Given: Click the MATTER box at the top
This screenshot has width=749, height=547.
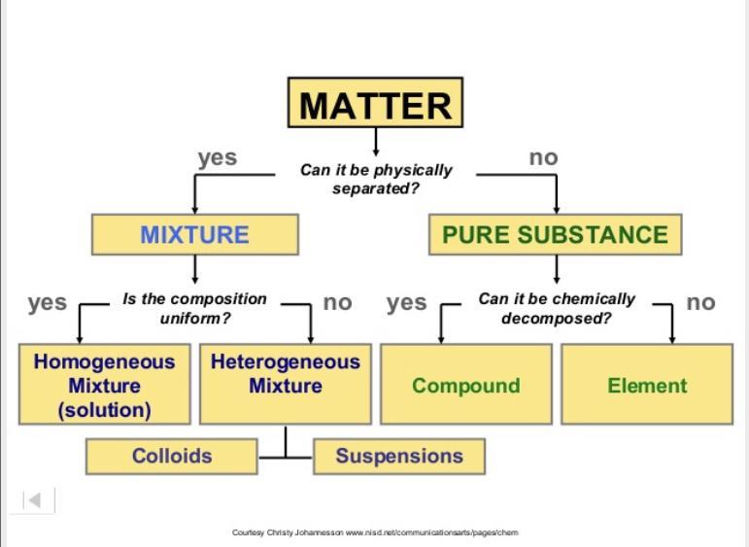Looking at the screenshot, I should tap(375, 104).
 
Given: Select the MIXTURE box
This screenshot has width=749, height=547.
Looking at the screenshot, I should tap(194, 235).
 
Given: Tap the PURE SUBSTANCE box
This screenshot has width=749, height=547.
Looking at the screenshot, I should tap(555, 235).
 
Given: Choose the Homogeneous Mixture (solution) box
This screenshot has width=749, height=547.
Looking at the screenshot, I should tap(104, 385).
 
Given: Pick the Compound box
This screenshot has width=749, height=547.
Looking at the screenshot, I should tap(465, 386).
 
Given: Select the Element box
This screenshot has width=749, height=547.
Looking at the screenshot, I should tap(647, 386).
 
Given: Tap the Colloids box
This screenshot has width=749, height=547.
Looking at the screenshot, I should tap(172, 456).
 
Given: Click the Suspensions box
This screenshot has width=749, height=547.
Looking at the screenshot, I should tap(398, 456).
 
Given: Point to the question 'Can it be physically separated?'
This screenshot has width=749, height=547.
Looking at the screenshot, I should tap(376, 179).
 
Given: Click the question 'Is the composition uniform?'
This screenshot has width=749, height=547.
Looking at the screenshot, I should tap(194, 308).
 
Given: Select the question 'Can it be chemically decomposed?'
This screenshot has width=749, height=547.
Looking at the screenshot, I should tap(556, 308).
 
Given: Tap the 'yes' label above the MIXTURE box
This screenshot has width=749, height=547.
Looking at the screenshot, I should tap(217, 157).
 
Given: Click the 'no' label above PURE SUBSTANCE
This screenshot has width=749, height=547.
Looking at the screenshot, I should tap(543, 157).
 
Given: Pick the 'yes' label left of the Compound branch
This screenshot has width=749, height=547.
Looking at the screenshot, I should tap(406, 302).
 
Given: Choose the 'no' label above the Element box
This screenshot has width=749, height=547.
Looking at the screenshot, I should tap(700, 302).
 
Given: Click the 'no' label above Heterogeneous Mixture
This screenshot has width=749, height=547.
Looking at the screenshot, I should tap(337, 302).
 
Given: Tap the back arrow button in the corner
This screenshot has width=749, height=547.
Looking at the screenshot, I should tap(33, 500).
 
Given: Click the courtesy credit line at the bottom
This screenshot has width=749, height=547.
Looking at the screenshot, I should tap(375, 532).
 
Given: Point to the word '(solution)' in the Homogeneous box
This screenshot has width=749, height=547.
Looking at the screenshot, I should tap(104, 410).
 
